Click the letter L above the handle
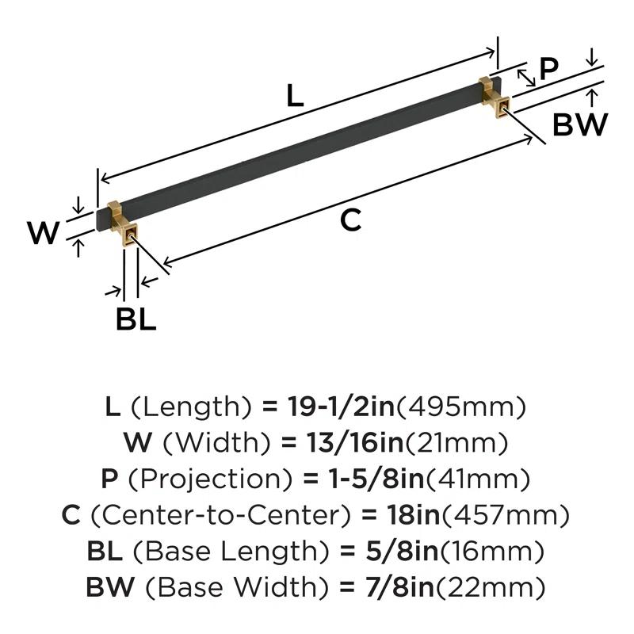(x=295, y=97)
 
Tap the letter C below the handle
(x=350, y=220)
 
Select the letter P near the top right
(x=548, y=69)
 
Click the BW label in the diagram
(x=580, y=124)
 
